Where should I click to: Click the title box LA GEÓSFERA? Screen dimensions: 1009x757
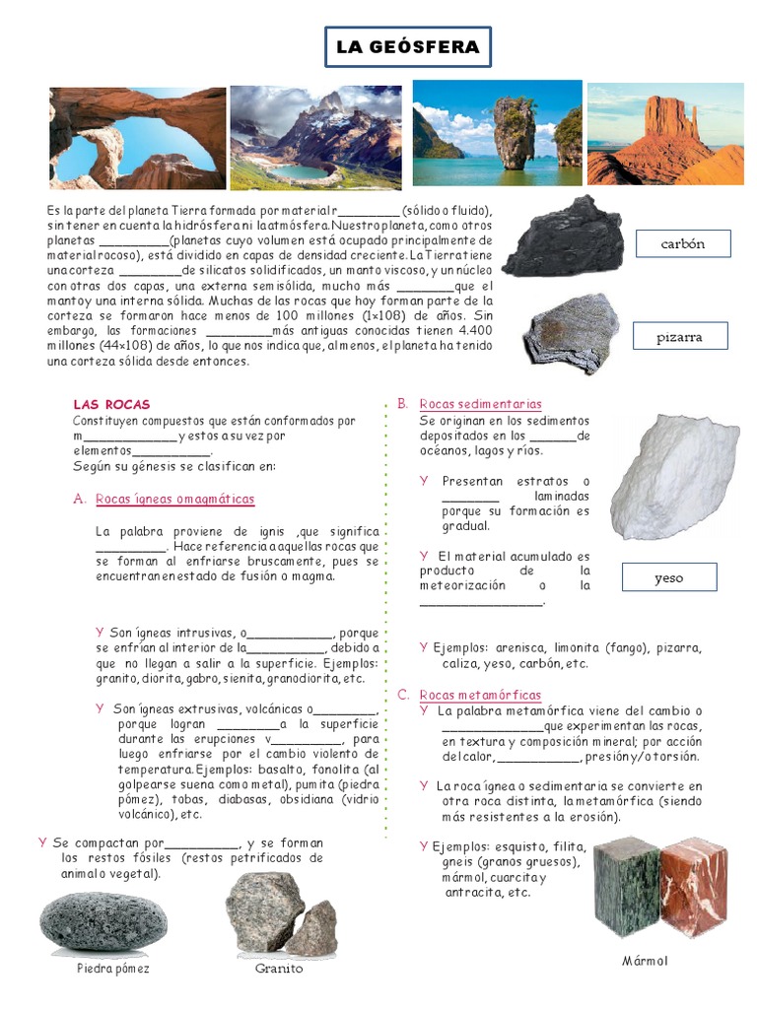(x=408, y=47)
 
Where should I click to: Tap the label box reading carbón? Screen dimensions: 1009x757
(x=682, y=243)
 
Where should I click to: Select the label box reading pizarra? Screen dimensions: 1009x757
(x=679, y=337)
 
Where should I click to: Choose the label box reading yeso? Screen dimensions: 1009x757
(x=668, y=577)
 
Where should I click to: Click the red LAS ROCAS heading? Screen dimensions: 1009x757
(x=111, y=404)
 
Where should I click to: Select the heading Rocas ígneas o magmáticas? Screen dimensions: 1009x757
(x=174, y=499)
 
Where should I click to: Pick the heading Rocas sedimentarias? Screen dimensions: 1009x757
(x=480, y=404)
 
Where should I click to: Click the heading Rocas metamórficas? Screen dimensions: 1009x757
(x=479, y=695)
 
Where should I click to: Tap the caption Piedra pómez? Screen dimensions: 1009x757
(x=113, y=969)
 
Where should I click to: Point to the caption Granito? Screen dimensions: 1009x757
(x=279, y=969)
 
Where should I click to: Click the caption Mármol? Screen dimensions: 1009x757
(x=645, y=961)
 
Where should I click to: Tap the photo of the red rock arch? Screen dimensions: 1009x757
(x=137, y=138)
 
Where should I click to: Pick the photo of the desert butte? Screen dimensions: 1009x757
(x=665, y=134)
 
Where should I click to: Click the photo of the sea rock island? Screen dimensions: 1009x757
(x=497, y=134)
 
